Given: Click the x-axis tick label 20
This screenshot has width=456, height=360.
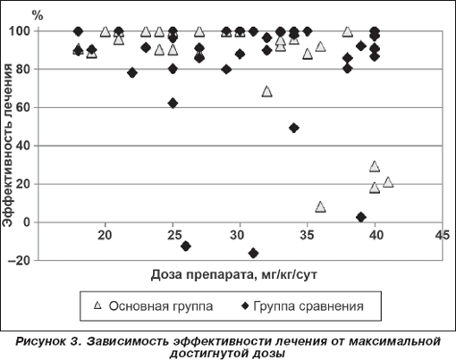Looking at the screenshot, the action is [105, 235].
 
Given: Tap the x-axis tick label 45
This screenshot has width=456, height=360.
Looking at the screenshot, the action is [442, 235].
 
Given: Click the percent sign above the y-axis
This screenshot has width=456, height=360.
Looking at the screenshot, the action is [38, 15].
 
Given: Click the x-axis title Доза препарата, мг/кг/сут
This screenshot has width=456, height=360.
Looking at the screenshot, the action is [234, 274].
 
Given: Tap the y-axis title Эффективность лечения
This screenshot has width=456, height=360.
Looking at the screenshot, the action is [7, 146].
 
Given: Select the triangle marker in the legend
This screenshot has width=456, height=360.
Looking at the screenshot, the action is [97, 306].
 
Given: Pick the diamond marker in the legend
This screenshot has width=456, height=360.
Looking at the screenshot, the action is [245, 306].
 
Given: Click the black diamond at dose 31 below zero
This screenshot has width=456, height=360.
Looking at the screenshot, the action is [254, 254].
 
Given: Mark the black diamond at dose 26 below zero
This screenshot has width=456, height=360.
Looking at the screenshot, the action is [186, 247].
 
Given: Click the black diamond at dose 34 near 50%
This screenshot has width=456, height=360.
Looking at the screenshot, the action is [294, 129].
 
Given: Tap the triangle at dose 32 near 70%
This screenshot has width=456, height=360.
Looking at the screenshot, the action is [266, 91].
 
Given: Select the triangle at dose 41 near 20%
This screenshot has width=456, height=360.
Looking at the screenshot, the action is [388, 181].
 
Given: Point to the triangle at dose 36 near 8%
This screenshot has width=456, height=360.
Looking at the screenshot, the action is [321, 206].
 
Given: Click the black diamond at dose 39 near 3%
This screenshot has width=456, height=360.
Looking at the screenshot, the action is [361, 217].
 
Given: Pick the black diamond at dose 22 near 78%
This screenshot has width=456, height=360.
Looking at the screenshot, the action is [132, 72].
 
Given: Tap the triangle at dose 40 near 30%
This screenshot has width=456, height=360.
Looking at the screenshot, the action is [375, 166].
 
